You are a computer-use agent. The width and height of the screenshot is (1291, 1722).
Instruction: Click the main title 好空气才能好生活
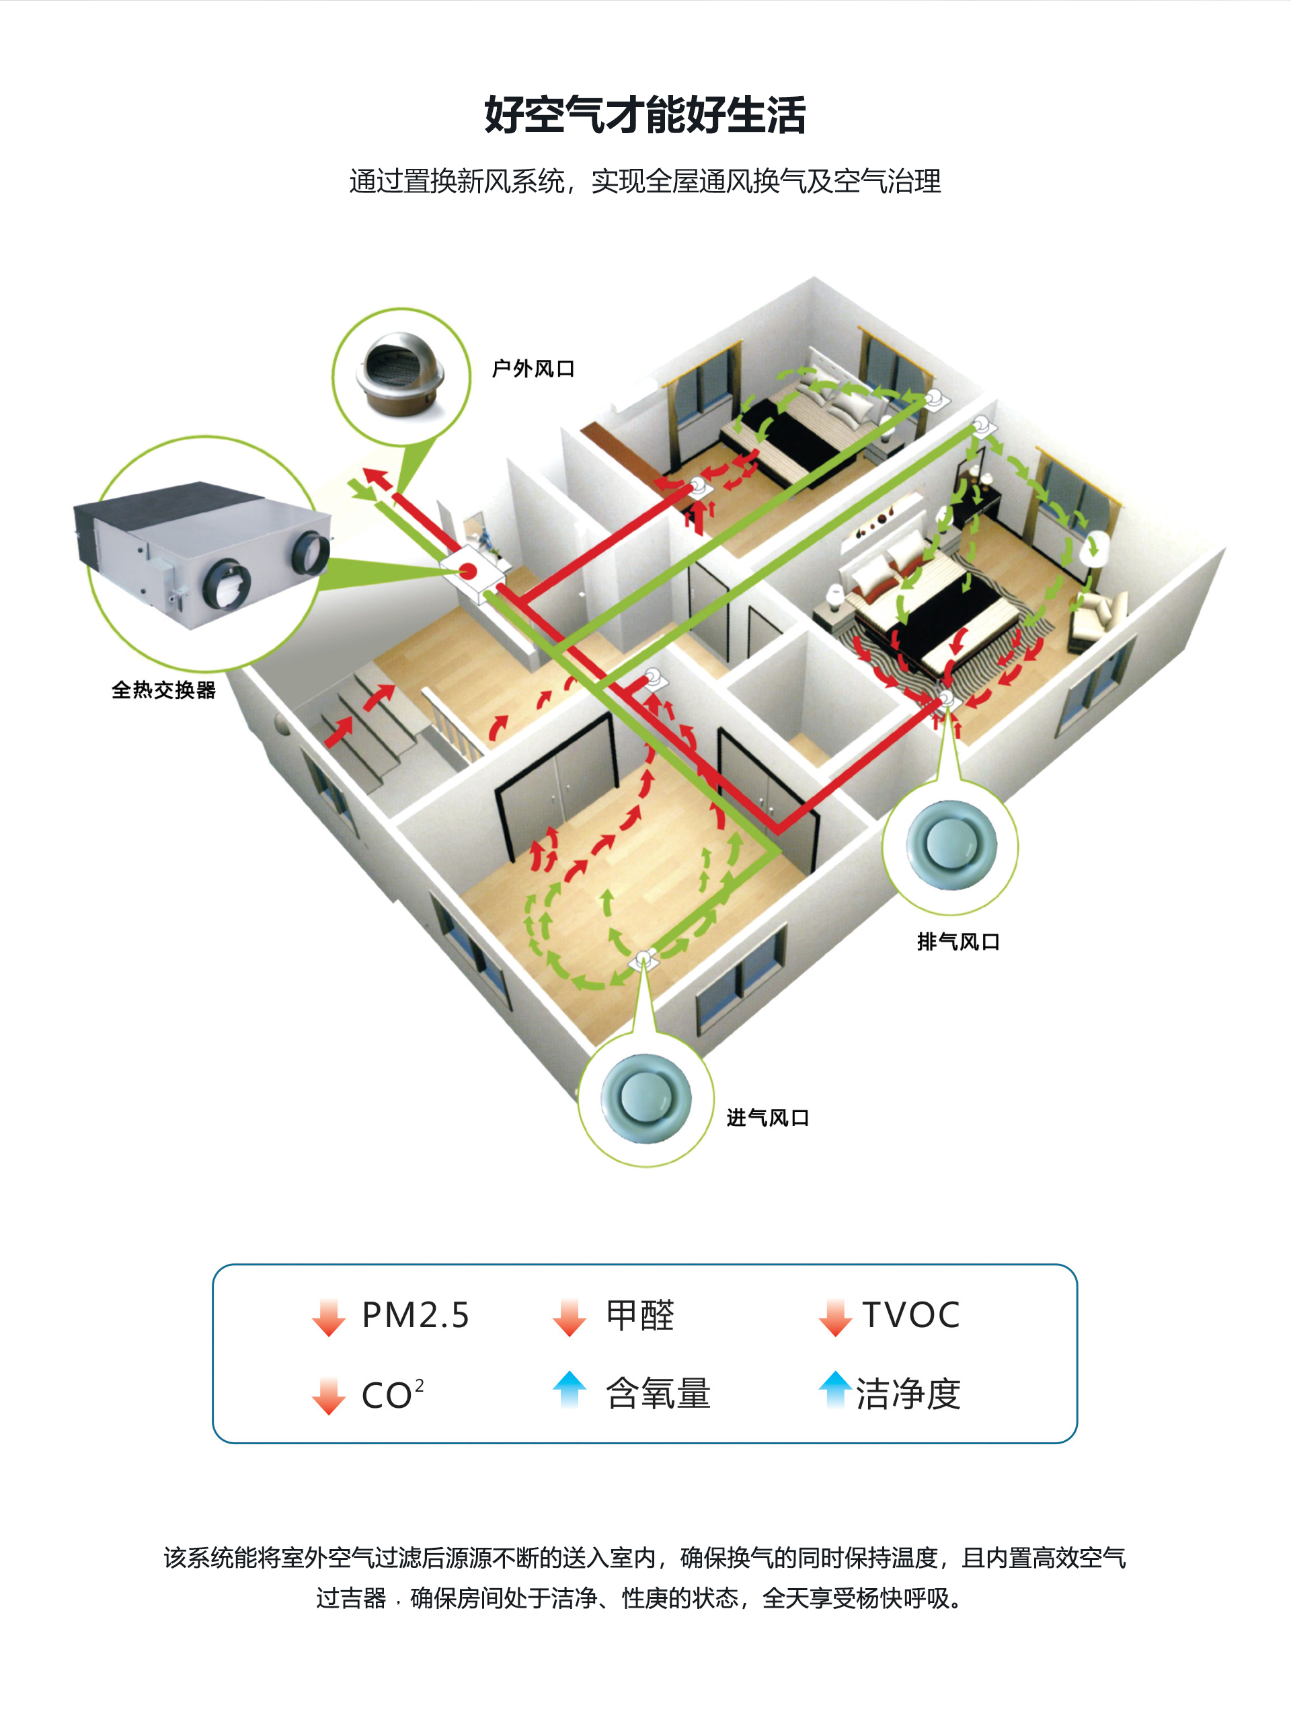coord(644,115)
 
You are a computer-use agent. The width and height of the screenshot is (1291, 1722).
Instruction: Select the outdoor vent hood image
coord(401,375)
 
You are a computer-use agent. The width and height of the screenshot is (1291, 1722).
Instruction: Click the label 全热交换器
coord(163,689)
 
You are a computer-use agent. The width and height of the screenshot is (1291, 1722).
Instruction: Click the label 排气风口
coord(958,941)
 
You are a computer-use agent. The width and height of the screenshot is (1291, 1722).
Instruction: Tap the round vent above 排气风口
coord(950,846)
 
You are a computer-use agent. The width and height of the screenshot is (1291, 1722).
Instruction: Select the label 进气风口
coord(767,1118)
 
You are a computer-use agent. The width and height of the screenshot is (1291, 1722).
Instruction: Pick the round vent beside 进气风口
coord(645,1098)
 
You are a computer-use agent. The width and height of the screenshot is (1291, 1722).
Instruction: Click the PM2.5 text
coord(416,1316)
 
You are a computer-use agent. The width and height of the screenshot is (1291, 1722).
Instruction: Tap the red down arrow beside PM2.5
coord(328,1317)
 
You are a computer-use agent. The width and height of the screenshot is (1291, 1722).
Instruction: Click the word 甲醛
coord(639,1316)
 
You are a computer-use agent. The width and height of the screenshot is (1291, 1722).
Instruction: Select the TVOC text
coord(910,1316)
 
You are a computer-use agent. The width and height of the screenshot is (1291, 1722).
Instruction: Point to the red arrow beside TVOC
coord(835,1317)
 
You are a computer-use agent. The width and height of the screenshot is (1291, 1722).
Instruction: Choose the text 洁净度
coord(908,1394)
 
